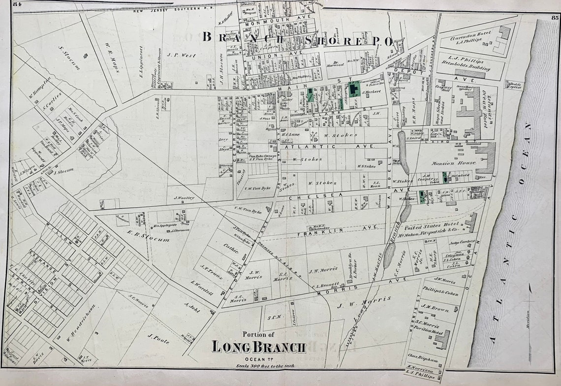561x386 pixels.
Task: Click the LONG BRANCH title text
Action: [259, 347]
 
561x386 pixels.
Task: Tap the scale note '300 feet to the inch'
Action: [259, 366]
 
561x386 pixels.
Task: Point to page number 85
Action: [555, 18]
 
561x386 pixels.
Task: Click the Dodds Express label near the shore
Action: [515, 85]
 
